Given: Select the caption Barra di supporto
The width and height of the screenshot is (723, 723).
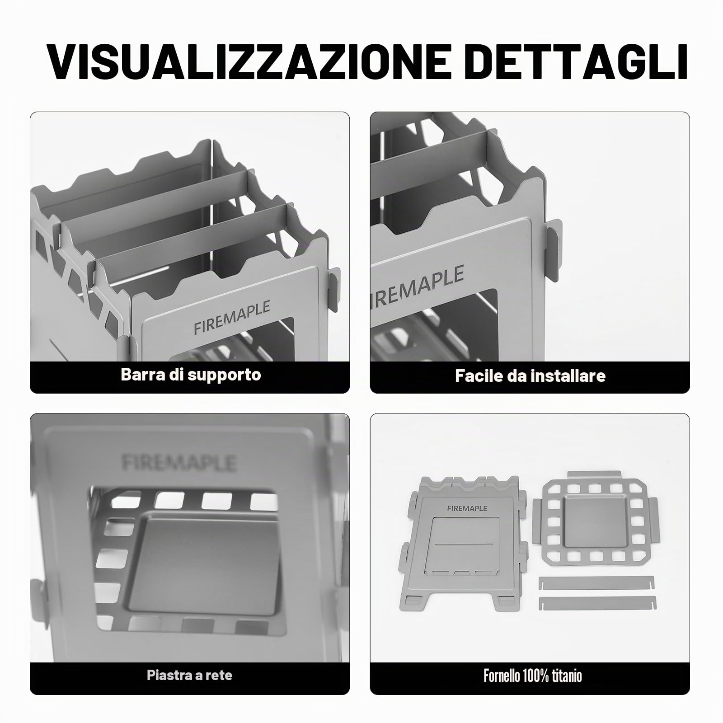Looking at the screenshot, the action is (191, 375).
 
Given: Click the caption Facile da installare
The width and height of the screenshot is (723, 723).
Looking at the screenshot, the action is (530, 376).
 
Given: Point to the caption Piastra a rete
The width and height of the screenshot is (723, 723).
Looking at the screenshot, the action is (189, 675).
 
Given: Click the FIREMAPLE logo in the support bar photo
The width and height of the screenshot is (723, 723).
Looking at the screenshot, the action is (232, 318).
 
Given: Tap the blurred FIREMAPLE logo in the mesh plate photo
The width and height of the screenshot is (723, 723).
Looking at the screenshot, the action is (179, 462).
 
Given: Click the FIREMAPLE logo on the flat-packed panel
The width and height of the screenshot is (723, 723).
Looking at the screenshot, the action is (467, 508).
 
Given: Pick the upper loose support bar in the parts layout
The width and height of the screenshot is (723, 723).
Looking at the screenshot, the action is (596, 582).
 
